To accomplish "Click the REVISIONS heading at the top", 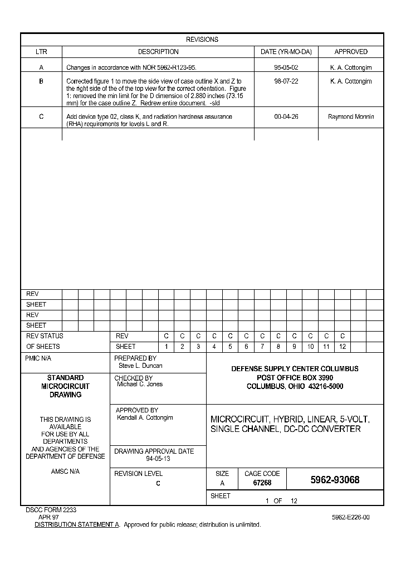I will click(202, 40).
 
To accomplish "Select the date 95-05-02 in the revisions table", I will click(286, 67).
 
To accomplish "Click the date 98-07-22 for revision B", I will click(286, 81).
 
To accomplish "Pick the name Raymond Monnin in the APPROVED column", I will click(351, 117).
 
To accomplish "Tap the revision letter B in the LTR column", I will click(41, 81).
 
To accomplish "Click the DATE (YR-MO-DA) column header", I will click(286, 52).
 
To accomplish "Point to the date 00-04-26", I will click(286, 117).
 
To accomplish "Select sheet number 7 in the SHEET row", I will click(262, 347).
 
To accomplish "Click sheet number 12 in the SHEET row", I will click(343, 347).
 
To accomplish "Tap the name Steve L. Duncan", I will click(140, 366).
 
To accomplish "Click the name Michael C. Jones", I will click(139, 385).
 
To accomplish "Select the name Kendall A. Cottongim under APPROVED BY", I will click(145, 418).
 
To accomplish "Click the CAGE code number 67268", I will click(262, 483).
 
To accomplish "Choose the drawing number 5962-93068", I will click(335, 480).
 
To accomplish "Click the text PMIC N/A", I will click(38, 358).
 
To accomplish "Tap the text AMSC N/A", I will click(65, 471).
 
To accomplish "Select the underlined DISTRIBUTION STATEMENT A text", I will click(77, 525).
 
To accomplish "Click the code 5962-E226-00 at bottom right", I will click(350, 517).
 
